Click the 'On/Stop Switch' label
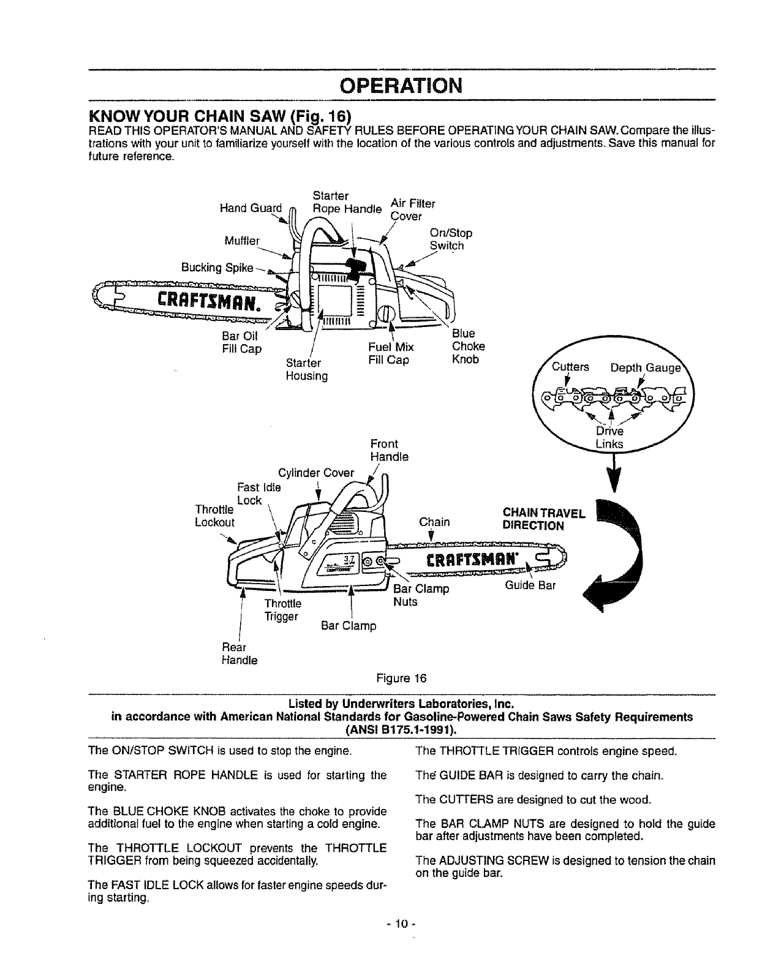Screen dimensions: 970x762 point(451,239)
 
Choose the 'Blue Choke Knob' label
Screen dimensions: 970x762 point(468,346)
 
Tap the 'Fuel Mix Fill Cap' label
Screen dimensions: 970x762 point(388,353)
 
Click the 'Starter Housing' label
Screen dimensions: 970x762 point(306,369)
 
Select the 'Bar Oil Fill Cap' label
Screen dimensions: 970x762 point(241,342)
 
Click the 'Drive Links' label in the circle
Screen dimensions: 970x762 point(609,437)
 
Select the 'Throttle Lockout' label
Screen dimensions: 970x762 point(214,516)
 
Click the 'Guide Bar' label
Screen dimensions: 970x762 point(530,585)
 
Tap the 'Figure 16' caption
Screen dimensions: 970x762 point(401,678)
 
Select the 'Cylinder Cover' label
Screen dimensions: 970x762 point(315,473)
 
